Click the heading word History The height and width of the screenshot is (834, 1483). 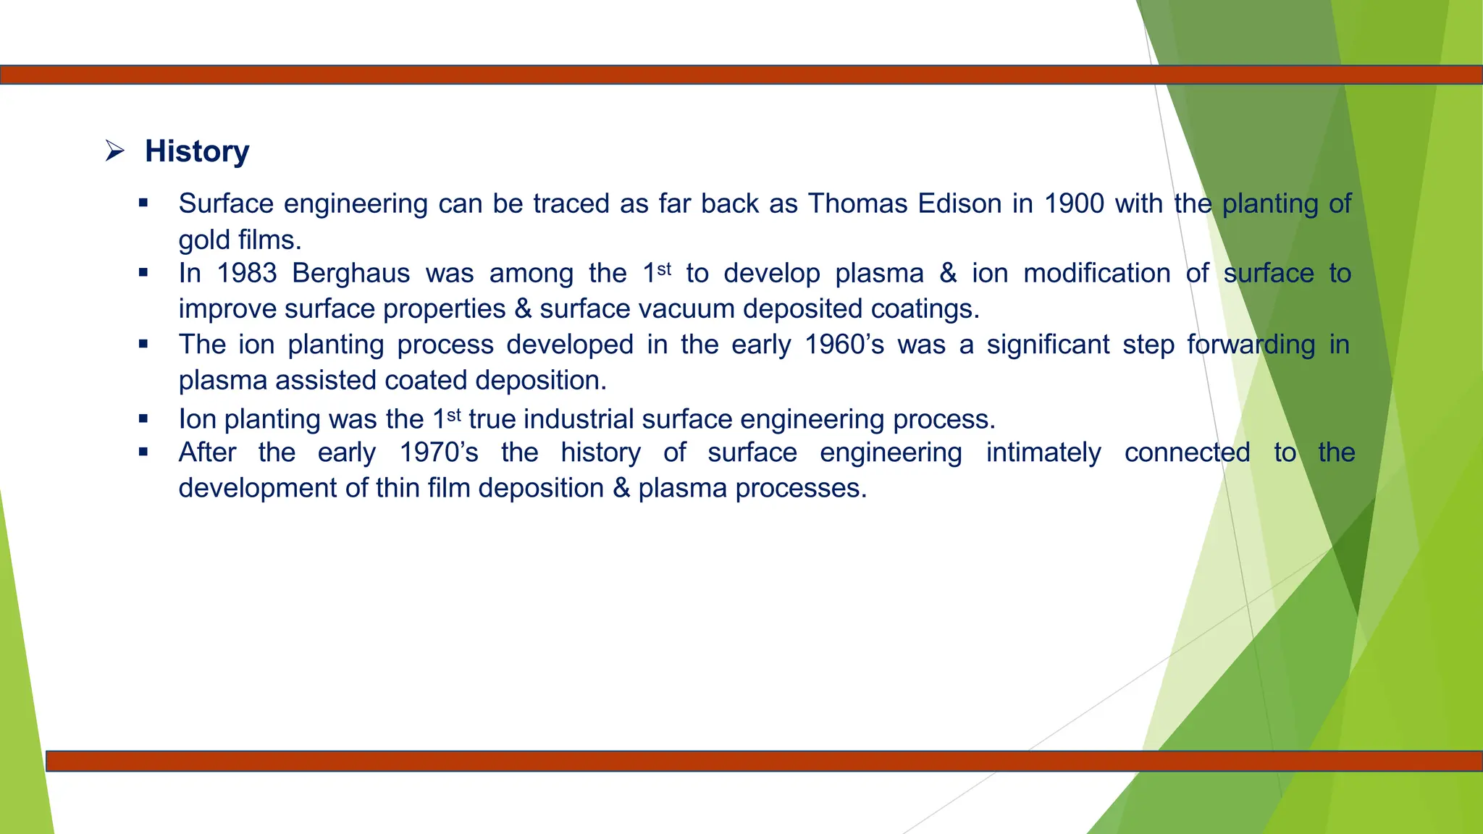197,151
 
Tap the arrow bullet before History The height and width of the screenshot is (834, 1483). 114,151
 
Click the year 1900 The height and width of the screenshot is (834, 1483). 1074,203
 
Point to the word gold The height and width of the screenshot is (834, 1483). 203,240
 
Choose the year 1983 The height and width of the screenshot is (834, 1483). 247,274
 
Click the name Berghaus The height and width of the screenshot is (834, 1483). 350,274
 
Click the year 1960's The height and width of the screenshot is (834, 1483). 844,345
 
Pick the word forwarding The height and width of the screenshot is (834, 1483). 1251,345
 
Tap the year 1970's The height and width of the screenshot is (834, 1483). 439,452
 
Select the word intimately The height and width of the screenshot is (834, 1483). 1043,452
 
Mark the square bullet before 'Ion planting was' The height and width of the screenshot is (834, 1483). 143,418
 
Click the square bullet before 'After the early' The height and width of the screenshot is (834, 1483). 143,452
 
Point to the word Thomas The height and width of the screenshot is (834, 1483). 857,203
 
